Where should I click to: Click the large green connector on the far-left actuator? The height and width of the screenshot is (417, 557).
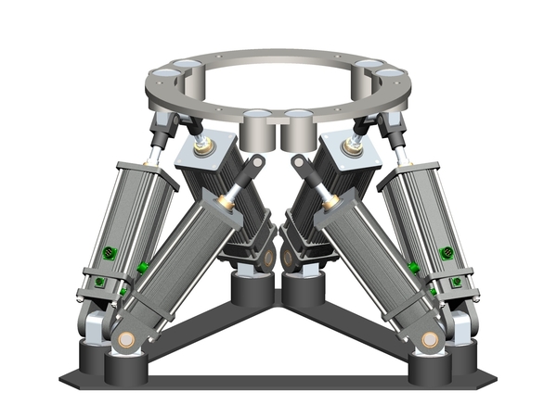(109, 252)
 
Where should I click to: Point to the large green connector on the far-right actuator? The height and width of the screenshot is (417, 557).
(447, 252)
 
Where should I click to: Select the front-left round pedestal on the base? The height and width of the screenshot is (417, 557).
(127, 366)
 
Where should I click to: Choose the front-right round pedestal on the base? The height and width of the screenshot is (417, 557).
(427, 366)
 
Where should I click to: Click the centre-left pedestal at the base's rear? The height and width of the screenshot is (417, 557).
(251, 287)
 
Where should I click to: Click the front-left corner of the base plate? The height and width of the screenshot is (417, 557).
(63, 381)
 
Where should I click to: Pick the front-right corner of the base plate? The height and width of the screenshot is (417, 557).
(492, 381)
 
